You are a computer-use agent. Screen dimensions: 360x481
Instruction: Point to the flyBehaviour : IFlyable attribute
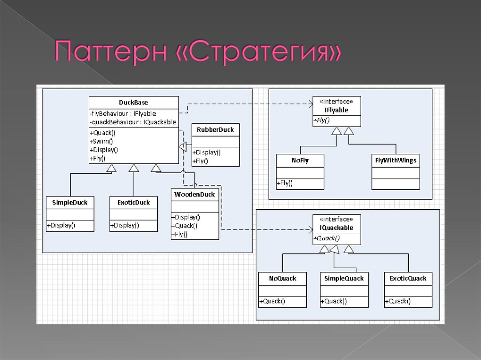coord(123,114)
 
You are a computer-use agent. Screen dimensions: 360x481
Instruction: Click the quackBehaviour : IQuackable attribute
coord(132,122)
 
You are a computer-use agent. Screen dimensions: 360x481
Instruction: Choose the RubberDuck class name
coord(215,130)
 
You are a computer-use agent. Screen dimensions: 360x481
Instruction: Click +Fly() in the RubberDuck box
coord(200,161)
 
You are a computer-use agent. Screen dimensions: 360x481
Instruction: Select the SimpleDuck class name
coord(70,202)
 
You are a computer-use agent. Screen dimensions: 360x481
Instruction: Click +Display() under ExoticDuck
coord(124,225)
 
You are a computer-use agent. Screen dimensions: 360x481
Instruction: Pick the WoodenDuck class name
coord(194,194)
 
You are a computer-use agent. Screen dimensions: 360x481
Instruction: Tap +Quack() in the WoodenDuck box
coord(185,225)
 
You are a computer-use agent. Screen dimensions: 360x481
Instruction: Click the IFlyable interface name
coord(336,110)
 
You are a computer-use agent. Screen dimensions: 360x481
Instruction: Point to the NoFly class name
coord(300,160)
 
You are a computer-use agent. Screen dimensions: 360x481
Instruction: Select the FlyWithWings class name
coord(395,160)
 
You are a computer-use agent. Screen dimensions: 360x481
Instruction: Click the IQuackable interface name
coord(336,228)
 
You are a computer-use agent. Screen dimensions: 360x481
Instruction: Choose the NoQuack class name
coord(282,278)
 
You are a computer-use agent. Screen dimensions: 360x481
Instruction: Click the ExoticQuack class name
coord(408,278)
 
